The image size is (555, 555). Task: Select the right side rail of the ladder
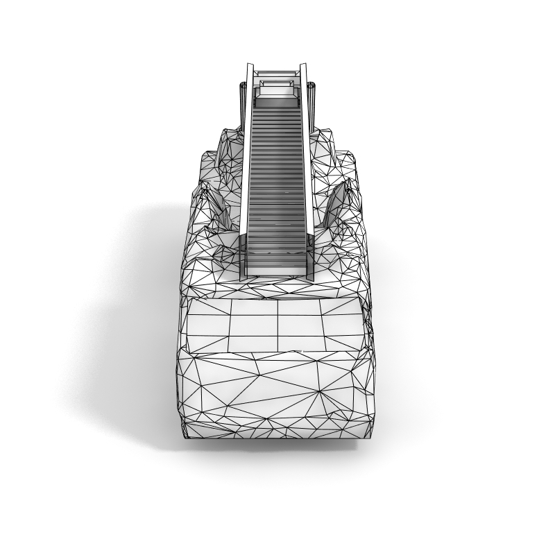pyautogui.click(x=307, y=173)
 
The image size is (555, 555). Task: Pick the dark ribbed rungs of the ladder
pyautogui.click(x=277, y=180)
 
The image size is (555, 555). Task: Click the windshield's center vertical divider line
pyautogui.click(x=277, y=326)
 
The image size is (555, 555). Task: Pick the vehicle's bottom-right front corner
pyautogui.click(x=370, y=433)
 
